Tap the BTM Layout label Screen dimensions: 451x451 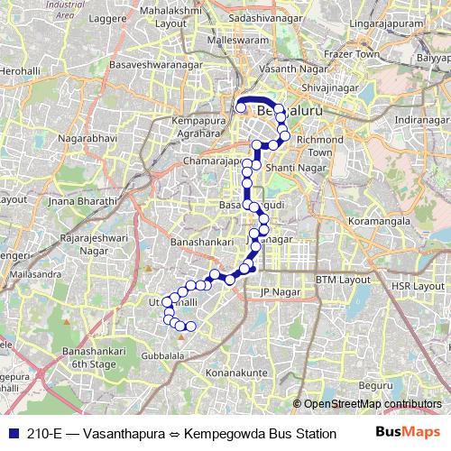coord(344,281)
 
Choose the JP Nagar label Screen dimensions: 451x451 coord(278,293)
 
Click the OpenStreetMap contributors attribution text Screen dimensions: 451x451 coord(373,404)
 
